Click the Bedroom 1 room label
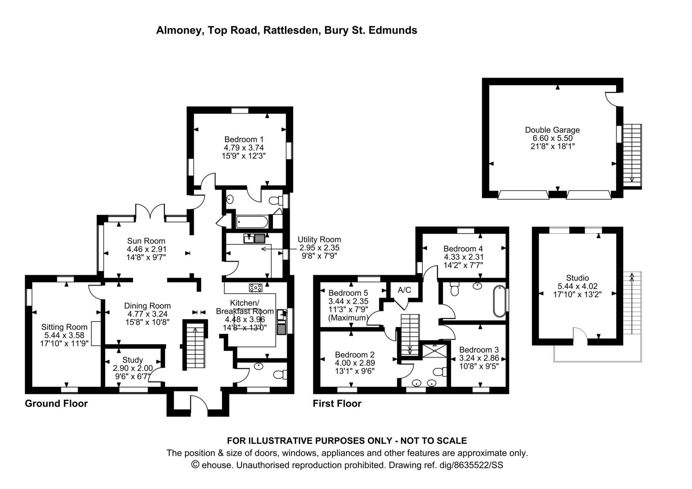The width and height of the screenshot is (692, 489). [244, 139]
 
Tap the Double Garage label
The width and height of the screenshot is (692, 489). [552, 130]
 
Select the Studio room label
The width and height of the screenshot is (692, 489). [577, 278]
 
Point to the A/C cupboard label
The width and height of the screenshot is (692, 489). [404, 290]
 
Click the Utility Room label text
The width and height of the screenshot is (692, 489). [319, 239]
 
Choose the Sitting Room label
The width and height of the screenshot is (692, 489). [64, 327]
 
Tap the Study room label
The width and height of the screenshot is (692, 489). [132, 360]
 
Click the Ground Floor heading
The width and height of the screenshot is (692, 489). [56, 403]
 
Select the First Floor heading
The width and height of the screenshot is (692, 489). [337, 403]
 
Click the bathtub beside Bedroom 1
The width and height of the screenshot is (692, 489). [252, 222]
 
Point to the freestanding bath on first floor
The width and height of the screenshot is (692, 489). [500, 301]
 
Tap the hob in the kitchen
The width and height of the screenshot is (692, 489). [255, 288]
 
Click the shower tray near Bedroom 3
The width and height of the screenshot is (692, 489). [434, 351]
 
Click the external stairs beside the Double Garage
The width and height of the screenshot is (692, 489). [632, 156]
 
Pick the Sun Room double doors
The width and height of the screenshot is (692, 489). [150, 212]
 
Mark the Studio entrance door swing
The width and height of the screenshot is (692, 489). [580, 333]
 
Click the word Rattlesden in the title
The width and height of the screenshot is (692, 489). [291, 30]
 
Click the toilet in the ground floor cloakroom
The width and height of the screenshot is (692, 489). [280, 375]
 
